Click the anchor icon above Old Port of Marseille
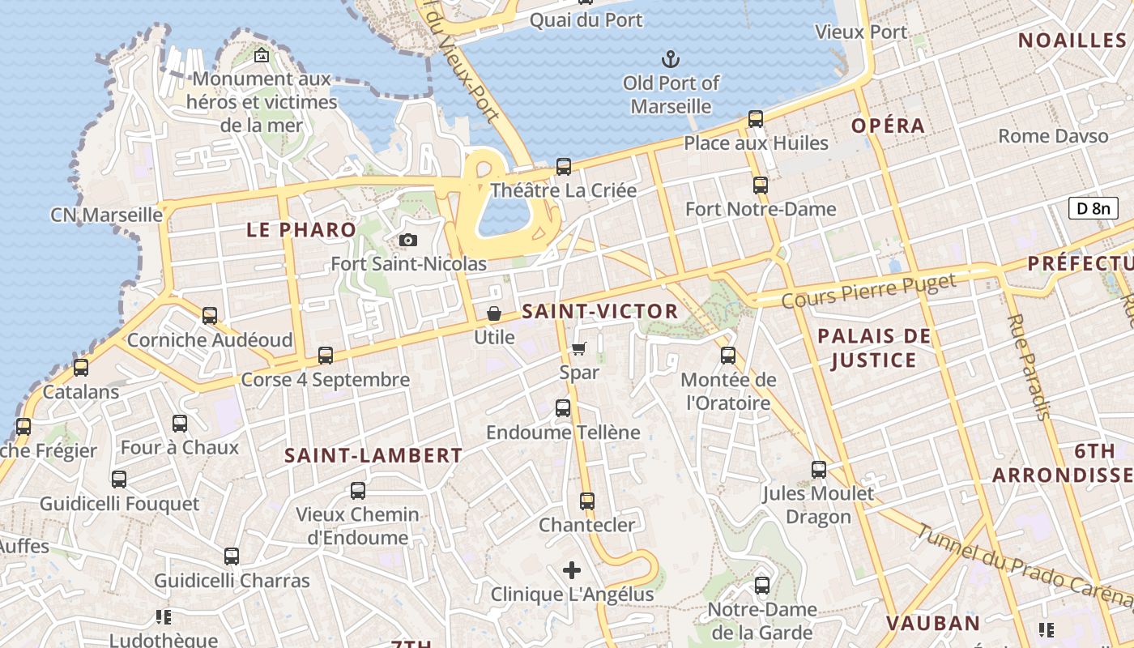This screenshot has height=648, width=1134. (x=671, y=58)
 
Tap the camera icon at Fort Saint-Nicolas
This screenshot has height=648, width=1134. (x=408, y=240)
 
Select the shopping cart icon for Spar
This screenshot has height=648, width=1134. (x=579, y=348)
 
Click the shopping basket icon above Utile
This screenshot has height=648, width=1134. (x=494, y=313)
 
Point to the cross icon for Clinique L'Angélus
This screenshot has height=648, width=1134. (x=572, y=570)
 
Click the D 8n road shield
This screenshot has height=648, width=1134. (x=1093, y=208)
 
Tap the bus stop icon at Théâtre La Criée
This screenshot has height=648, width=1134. (x=564, y=167)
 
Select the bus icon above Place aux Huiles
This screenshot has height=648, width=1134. (x=756, y=119)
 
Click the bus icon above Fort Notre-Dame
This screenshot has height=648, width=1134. (x=760, y=185)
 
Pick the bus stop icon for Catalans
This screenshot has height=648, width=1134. (x=81, y=368)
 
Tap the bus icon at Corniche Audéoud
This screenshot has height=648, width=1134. (x=210, y=316)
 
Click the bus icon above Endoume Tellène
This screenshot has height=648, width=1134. (x=563, y=408)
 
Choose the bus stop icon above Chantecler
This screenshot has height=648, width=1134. (x=587, y=501)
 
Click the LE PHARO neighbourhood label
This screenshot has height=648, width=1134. (x=301, y=230)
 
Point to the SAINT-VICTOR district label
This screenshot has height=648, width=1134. (x=600, y=311)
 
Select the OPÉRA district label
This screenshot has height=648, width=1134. (x=888, y=126)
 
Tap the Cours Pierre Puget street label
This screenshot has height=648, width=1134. (x=868, y=292)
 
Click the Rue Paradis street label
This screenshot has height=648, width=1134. (x=1029, y=367)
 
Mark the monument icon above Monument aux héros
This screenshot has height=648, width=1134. (x=262, y=55)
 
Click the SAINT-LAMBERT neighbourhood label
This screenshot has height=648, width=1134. (x=373, y=456)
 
